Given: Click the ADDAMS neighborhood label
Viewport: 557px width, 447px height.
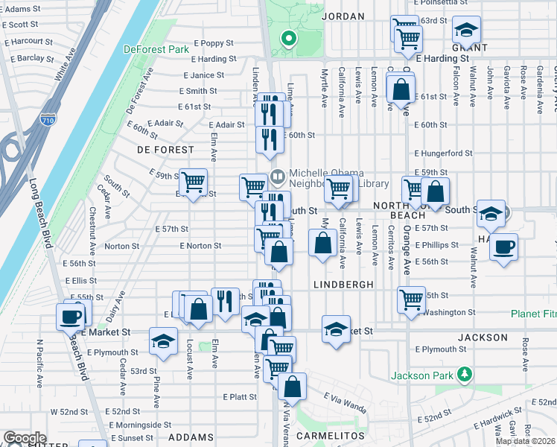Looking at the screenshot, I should pos(192,437).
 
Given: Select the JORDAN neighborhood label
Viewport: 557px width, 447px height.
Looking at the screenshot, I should pos(343,16).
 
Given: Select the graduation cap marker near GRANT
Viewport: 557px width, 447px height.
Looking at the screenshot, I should pos(466,31).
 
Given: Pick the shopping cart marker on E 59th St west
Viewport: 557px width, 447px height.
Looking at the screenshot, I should pos(194,181).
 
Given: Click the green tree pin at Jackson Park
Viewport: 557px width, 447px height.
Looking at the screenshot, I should pos(464,373).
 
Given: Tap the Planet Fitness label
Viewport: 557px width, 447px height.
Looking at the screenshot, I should pos(533,314).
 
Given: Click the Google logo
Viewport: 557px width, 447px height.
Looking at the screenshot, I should pos(25,437).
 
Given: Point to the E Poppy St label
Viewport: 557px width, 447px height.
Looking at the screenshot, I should pos(214,43).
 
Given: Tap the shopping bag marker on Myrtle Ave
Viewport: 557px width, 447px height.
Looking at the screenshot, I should pos(322,244).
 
